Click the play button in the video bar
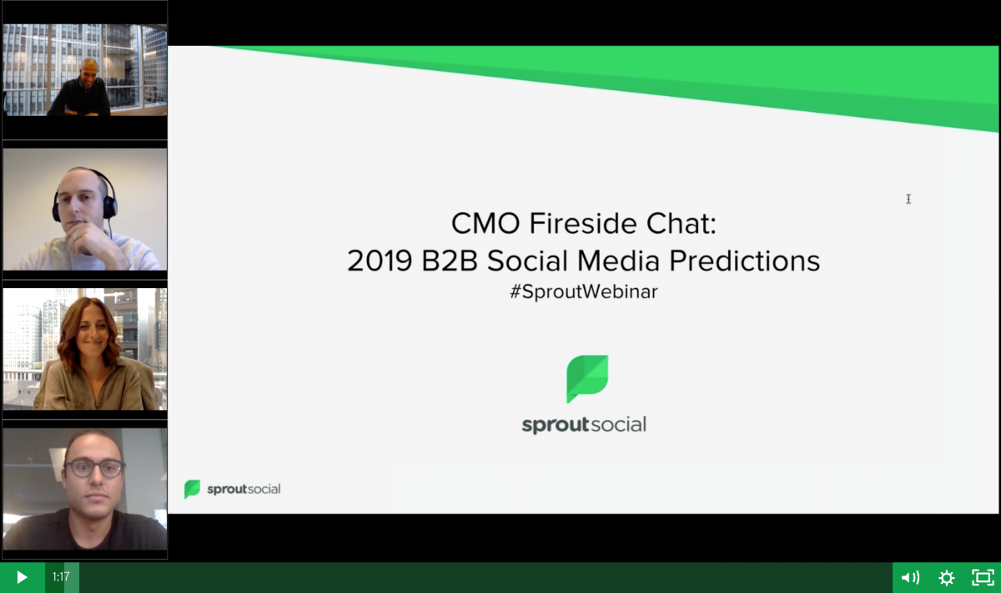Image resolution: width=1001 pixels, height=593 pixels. coord(22,577)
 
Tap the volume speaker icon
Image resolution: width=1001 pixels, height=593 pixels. coord(910,578)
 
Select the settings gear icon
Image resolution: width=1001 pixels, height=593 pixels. coord(947,578)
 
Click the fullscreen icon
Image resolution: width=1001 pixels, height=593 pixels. coord(983,578)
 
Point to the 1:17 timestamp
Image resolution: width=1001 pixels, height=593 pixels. coord(61,577)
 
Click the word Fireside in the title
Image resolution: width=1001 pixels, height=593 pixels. coord(583,223)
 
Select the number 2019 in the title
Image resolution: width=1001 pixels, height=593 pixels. coord(380,261)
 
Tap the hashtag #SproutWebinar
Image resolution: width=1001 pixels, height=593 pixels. coord(584,291)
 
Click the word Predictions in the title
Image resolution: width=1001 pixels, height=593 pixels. coord(744,261)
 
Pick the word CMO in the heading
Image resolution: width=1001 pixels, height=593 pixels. coord(485,223)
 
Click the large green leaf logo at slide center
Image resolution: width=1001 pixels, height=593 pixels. coord(587,378)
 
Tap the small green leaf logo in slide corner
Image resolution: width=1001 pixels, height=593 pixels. coord(192,489)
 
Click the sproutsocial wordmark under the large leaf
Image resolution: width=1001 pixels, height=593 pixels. coord(584,425)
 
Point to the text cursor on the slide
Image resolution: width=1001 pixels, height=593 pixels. coord(908,199)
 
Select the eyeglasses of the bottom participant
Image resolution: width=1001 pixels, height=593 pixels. coord(94,469)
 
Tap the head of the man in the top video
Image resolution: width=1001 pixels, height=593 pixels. coord(90,72)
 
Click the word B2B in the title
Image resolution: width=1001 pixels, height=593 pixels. coord(450,261)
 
